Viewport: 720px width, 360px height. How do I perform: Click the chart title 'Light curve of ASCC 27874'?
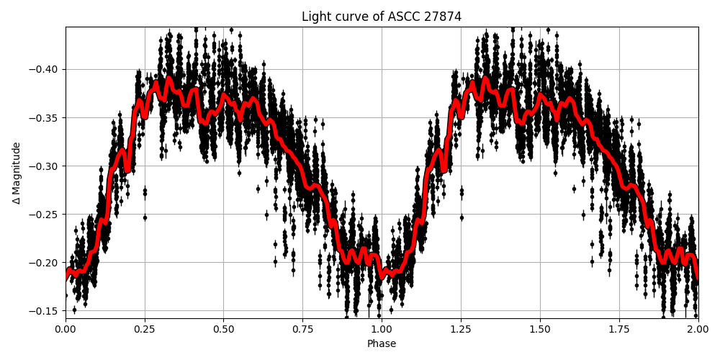[382, 17]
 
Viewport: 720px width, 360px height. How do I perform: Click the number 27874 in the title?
[444, 17]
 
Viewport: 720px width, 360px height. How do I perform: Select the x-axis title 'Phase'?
[382, 344]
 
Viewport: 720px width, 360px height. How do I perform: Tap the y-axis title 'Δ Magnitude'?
[17, 173]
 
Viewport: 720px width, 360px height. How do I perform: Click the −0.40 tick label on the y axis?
[45, 70]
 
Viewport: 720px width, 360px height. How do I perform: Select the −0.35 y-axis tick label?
[45, 118]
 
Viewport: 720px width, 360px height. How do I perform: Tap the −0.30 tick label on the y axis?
[45, 166]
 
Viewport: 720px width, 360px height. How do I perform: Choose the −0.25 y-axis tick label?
[45, 215]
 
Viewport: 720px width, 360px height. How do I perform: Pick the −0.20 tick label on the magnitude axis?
[45, 263]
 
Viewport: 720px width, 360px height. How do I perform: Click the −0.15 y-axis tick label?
[45, 311]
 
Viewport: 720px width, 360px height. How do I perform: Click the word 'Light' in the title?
[315, 17]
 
